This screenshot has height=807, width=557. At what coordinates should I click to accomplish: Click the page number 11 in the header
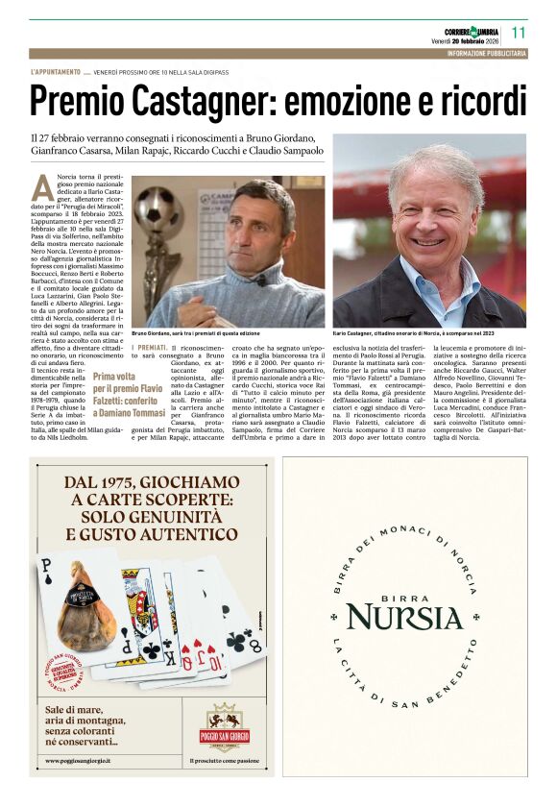[x=519, y=32]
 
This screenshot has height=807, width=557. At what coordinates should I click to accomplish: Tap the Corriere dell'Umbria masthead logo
[x=465, y=30]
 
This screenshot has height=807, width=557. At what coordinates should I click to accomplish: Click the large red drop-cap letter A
[x=41, y=186]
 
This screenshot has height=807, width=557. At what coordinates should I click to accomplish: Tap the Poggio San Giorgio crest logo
[x=228, y=725]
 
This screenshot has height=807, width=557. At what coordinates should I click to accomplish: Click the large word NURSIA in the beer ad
[x=405, y=617]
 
